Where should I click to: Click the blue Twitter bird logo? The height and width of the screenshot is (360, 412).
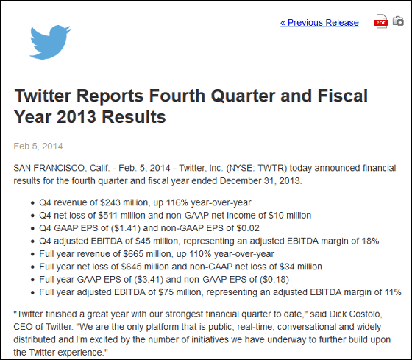pos(50,42)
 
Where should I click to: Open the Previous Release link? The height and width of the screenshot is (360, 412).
pos(319,23)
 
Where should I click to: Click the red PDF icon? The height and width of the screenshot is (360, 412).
pos(381,22)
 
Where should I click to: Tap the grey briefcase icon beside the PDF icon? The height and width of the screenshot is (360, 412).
pos(398,21)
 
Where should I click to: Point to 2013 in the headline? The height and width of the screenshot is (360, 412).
pos(77,117)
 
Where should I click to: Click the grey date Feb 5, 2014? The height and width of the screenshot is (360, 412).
pos(38,147)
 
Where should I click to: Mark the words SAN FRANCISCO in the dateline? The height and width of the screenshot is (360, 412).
pos(49,168)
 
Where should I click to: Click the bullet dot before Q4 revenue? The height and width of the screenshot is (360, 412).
pos(32,203)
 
